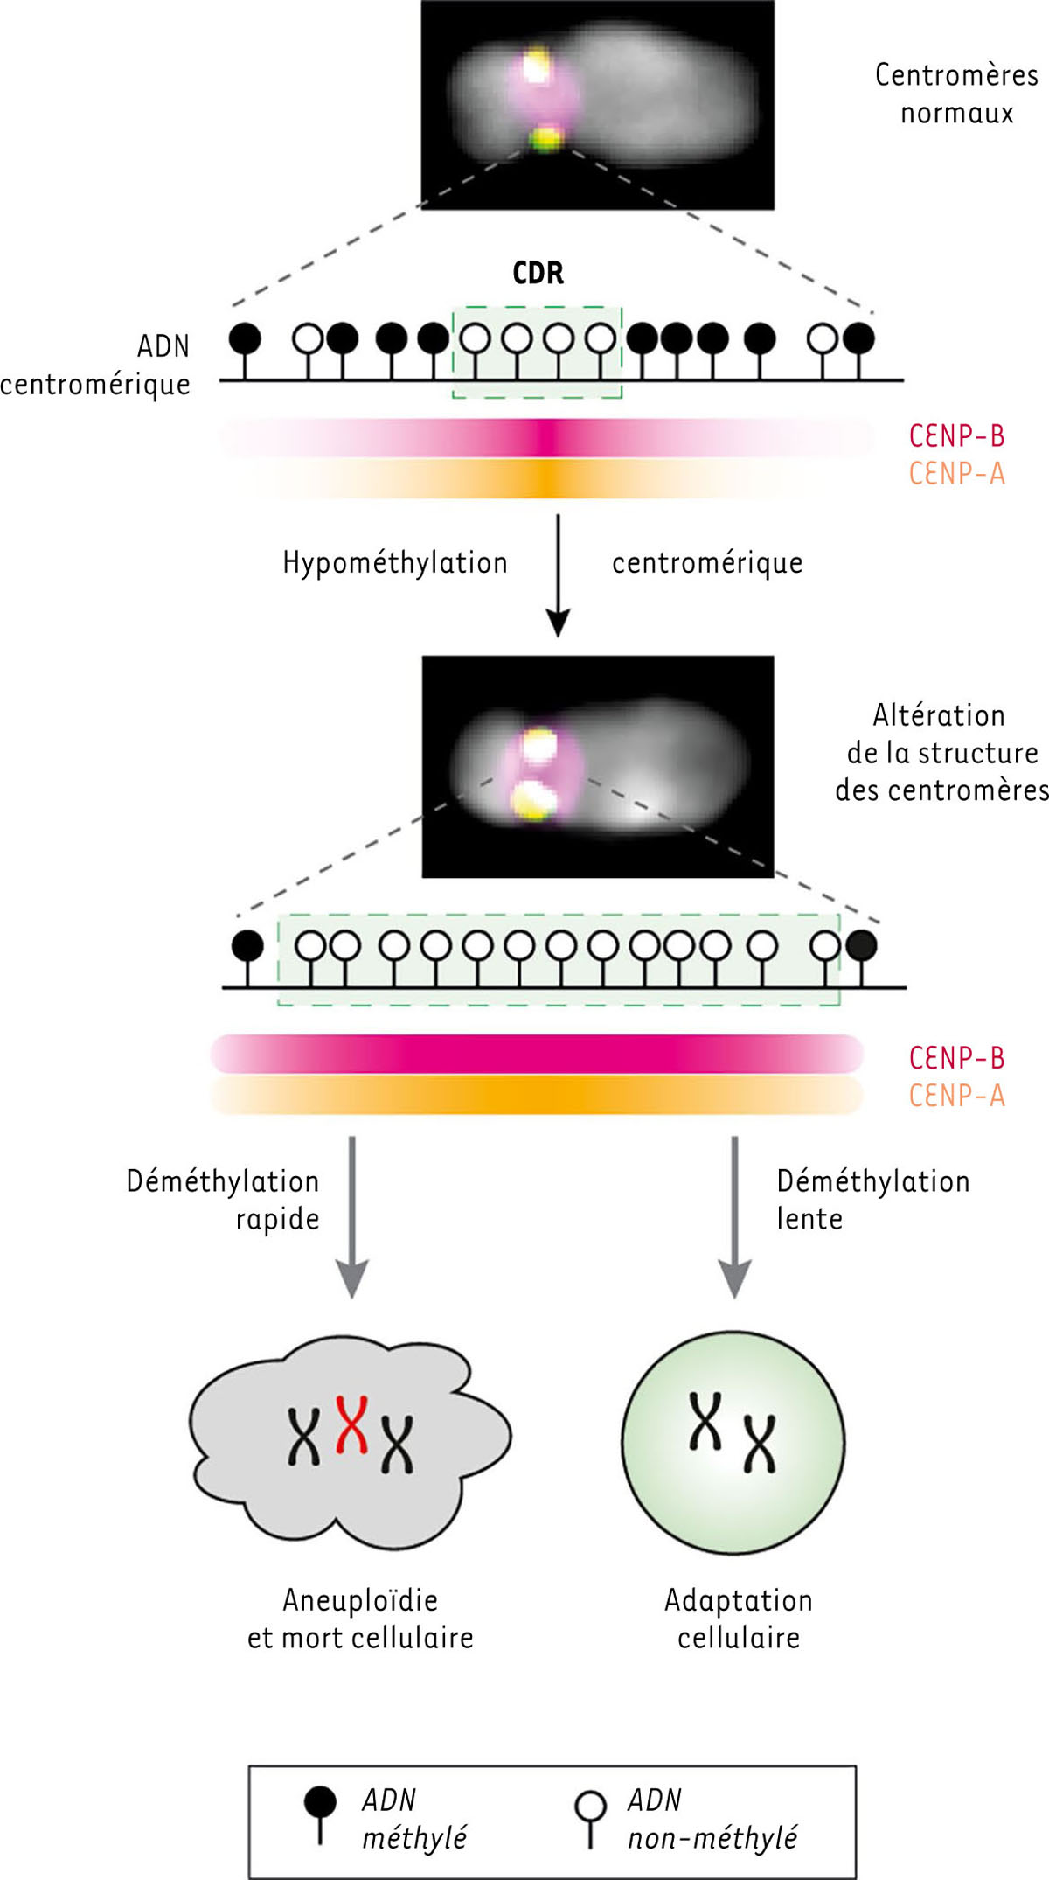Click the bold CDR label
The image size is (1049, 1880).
(x=538, y=273)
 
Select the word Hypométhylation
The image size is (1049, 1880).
(x=395, y=563)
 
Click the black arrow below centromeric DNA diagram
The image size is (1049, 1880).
(x=558, y=575)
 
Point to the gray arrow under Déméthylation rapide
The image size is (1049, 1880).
(x=351, y=1217)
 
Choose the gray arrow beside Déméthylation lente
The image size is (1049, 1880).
(x=734, y=1217)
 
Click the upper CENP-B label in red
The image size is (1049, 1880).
(x=957, y=435)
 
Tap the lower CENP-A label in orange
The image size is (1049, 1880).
(x=957, y=1096)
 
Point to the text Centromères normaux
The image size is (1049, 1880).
(x=957, y=94)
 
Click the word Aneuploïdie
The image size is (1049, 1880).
(x=360, y=1600)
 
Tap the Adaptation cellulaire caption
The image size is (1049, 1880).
(x=739, y=1619)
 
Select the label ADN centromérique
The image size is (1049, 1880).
(x=95, y=366)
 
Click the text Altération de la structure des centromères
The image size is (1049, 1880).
(x=942, y=753)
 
